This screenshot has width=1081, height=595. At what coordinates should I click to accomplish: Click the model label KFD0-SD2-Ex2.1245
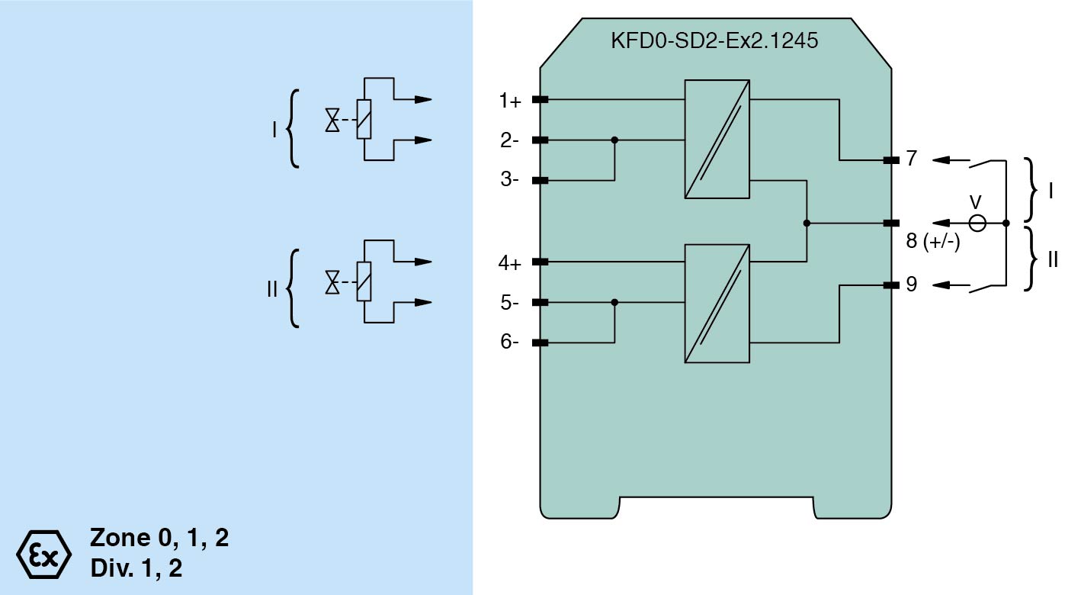point(714,41)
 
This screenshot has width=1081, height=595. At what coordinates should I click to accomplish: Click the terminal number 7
point(912,159)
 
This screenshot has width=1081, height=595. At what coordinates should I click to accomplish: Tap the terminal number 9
point(912,285)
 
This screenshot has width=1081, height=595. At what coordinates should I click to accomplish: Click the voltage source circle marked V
point(977,224)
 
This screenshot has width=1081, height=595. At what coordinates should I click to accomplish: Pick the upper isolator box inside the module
point(717,140)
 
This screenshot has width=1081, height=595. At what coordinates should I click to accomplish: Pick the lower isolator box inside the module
point(717,303)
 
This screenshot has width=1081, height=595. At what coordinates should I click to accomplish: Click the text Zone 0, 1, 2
point(159,539)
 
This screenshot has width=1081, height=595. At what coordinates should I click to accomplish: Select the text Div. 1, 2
point(136,568)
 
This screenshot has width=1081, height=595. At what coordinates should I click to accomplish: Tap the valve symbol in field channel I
point(332,121)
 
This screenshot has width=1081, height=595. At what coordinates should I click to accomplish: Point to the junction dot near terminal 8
point(807,224)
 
